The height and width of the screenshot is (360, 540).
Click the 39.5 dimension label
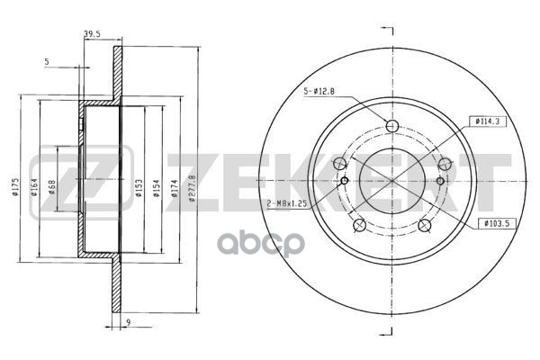92,33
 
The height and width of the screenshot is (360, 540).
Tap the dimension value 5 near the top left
47,62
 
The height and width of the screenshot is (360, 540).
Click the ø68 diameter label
52,187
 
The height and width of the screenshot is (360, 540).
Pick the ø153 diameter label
139,188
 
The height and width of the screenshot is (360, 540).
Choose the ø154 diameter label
157,188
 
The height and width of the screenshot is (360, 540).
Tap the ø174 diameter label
175,188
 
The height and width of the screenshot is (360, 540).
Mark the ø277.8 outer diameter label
193,188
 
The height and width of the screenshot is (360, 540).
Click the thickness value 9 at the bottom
128,322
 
